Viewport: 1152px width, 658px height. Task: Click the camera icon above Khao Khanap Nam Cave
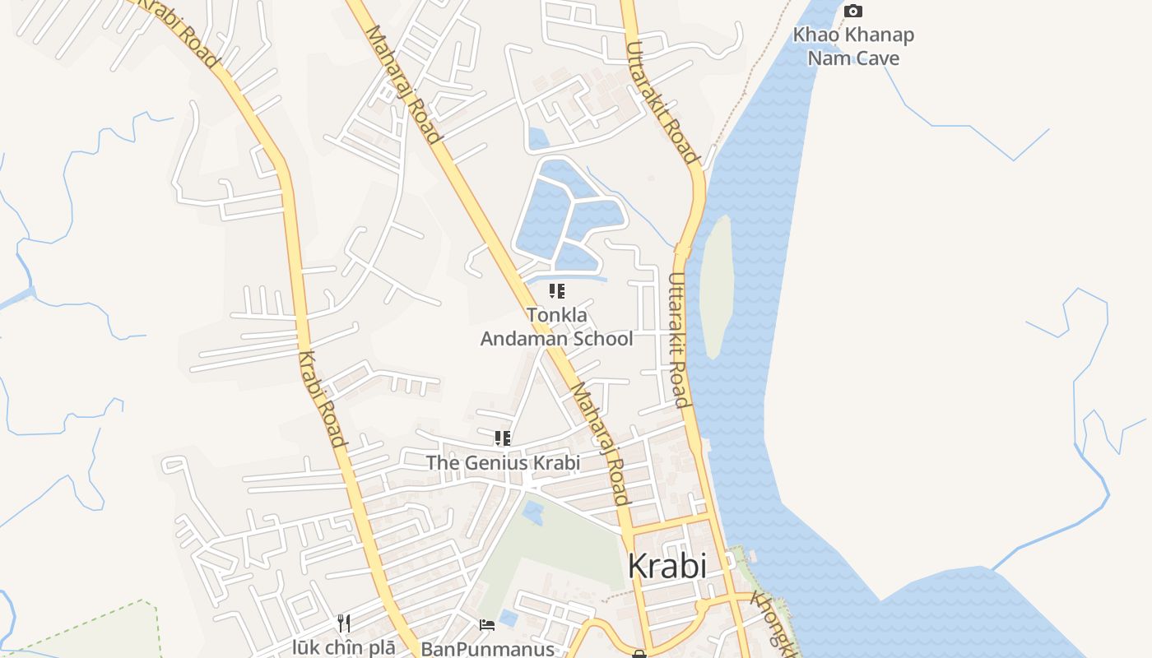(x=853, y=12)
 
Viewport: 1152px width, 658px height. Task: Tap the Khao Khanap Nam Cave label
(x=853, y=47)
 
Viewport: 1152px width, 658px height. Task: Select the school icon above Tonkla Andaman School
(x=556, y=290)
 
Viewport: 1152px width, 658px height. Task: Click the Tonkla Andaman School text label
(x=556, y=327)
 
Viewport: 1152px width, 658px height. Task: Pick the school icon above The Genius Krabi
(x=502, y=438)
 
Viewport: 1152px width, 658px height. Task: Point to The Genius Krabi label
(x=503, y=462)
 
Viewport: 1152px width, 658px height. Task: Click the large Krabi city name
(x=667, y=566)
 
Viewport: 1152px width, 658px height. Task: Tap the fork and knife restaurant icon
(x=344, y=623)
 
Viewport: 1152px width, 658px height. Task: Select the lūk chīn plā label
(x=344, y=647)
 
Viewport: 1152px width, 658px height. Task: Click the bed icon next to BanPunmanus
(x=487, y=625)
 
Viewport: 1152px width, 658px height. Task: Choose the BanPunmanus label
(x=487, y=649)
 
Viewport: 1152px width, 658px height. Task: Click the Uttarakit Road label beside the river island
(x=677, y=341)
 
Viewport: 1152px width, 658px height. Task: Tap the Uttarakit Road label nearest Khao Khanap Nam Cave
(x=662, y=103)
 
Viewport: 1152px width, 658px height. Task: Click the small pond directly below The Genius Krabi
(x=533, y=512)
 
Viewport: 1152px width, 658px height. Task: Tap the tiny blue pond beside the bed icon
(x=509, y=617)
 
